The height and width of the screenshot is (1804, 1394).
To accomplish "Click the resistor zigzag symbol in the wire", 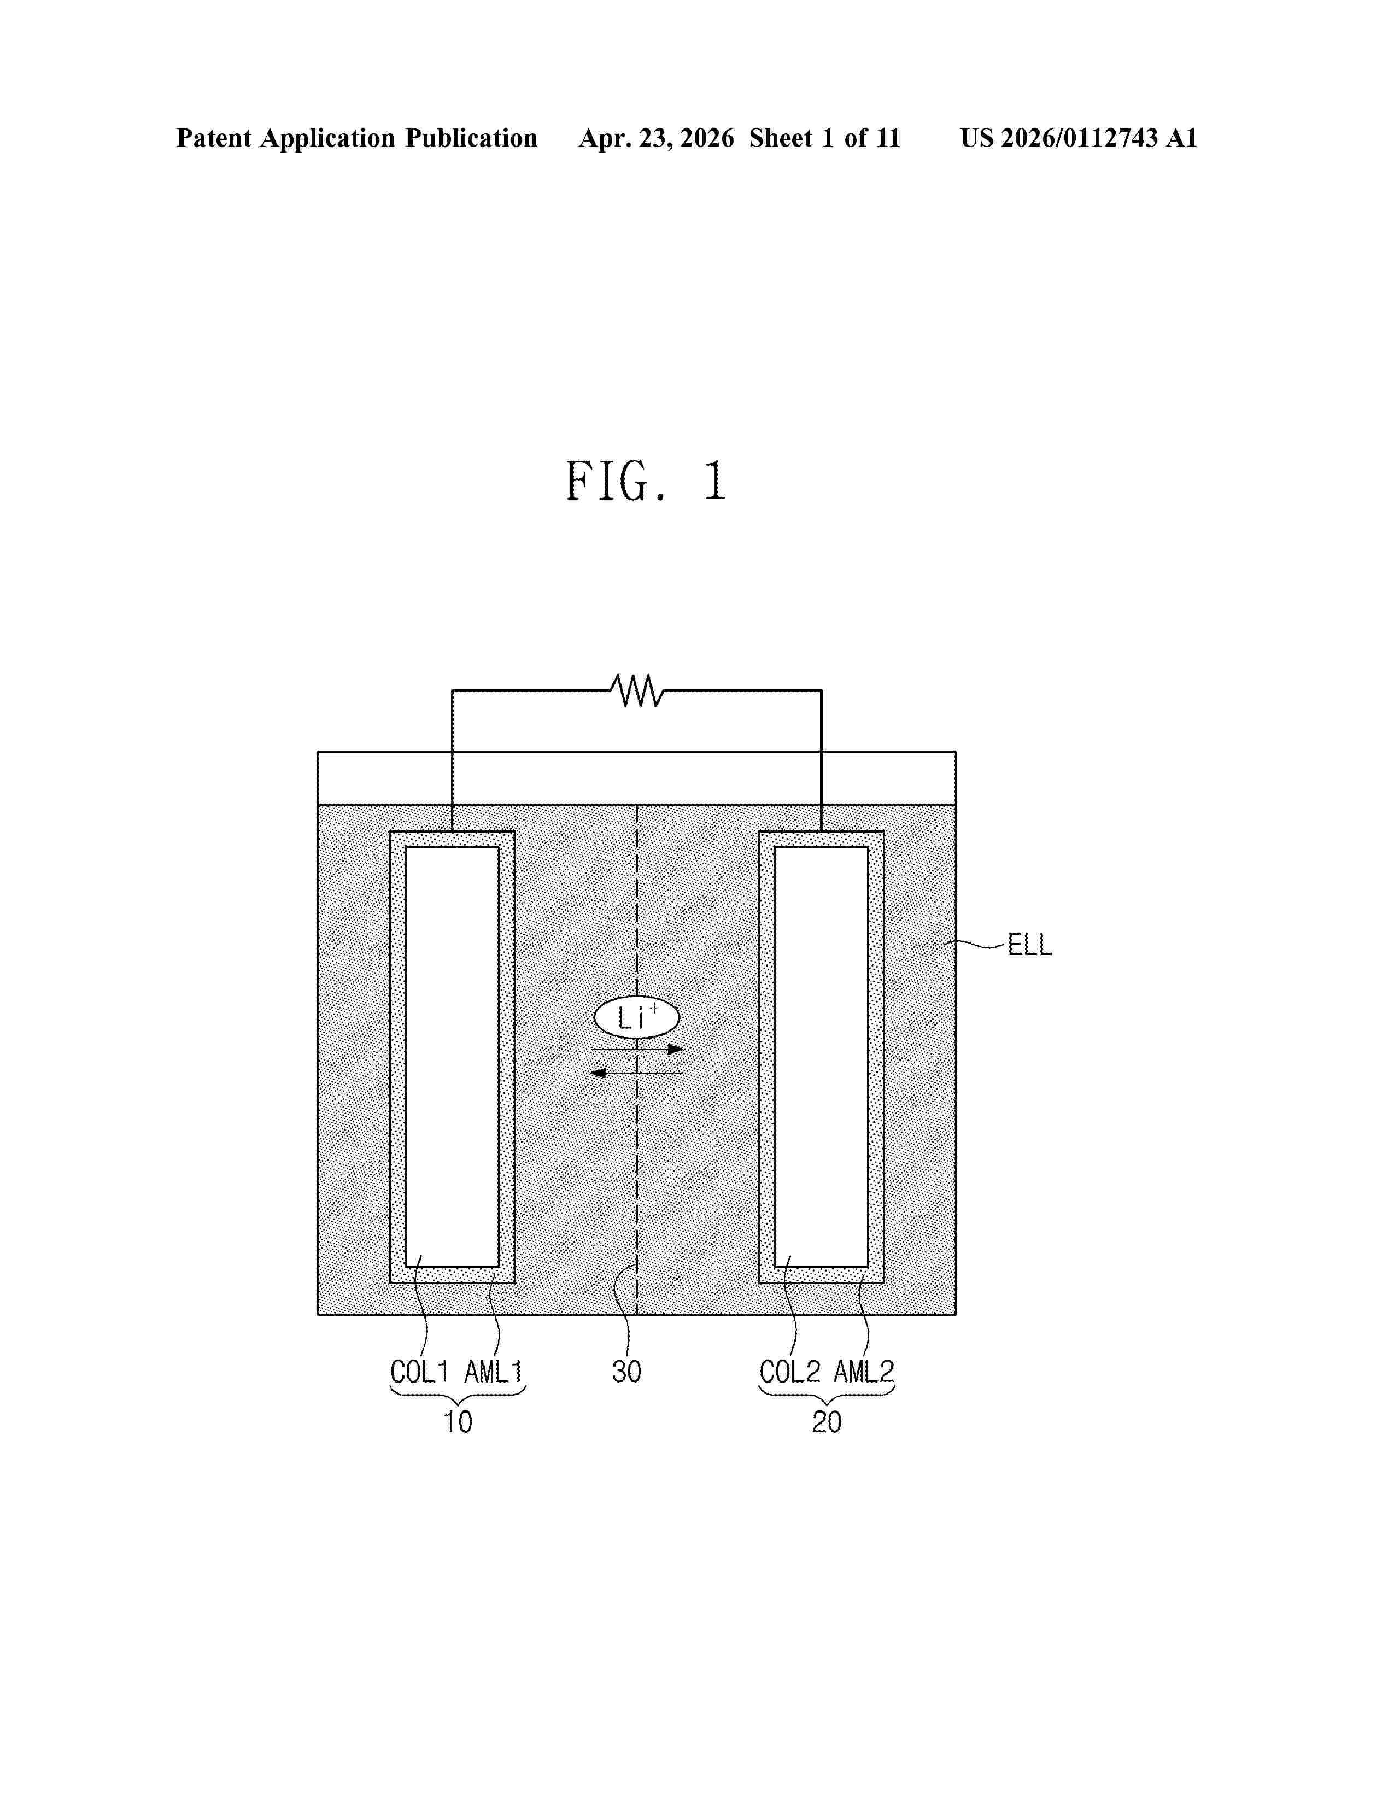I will pyautogui.click(x=637, y=690).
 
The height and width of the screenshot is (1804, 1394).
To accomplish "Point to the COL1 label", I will pyautogui.click(x=419, y=1372).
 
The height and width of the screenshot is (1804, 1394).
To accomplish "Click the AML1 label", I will pyautogui.click(x=493, y=1372).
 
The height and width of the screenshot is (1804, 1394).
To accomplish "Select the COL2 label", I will pyautogui.click(x=789, y=1372).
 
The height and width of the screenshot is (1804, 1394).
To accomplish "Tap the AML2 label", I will pyautogui.click(x=863, y=1372).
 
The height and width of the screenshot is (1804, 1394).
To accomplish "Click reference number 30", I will pyautogui.click(x=626, y=1372).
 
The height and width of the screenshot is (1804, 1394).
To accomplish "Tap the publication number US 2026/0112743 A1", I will pyautogui.click(x=1077, y=138).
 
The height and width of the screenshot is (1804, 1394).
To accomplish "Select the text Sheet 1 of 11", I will pyautogui.click(x=824, y=138).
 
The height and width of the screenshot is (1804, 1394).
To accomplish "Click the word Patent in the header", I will pyautogui.click(x=214, y=138).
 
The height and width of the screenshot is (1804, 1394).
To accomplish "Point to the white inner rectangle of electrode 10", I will pyautogui.click(x=452, y=1057).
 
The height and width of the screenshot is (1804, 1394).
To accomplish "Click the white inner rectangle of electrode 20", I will pyautogui.click(x=821, y=1057).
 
